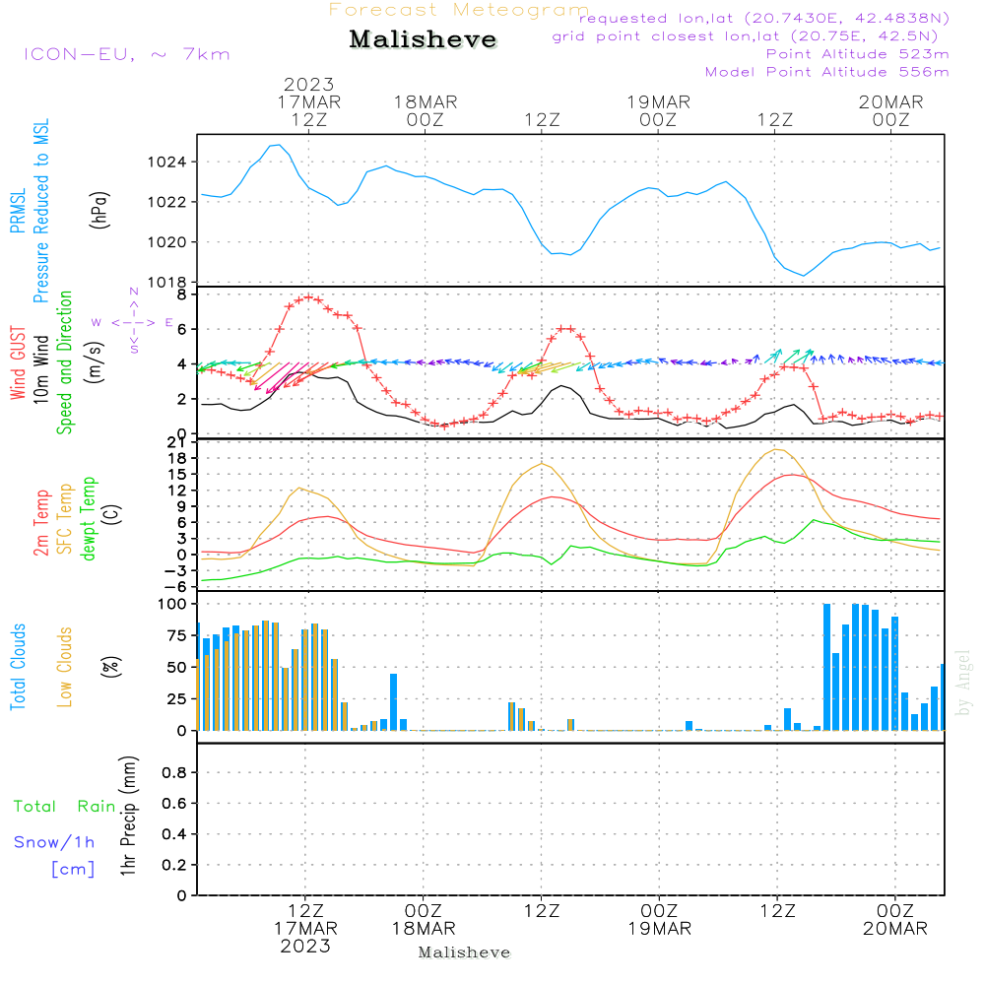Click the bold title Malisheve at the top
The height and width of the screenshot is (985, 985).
click(x=424, y=40)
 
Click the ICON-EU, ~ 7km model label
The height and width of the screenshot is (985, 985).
click(x=127, y=54)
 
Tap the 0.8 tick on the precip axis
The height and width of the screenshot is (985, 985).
click(x=174, y=773)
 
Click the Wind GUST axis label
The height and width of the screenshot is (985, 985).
click(x=18, y=364)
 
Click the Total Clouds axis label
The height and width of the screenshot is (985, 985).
click(x=18, y=667)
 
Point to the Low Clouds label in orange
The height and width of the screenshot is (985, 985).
click(x=65, y=667)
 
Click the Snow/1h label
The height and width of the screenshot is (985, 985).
click(x=55, y=842)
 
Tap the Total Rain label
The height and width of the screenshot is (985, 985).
click(x=65, y=806)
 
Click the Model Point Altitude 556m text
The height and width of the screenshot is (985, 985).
click(x=827, y=72)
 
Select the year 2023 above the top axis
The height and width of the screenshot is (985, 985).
click(x=309, y=85)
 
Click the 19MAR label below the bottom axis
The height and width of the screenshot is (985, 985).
click(x=659, y=929)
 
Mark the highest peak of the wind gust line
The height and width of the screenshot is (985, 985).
click(x=309, y=295)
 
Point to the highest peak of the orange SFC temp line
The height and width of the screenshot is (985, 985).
click(x=778, y=449)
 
